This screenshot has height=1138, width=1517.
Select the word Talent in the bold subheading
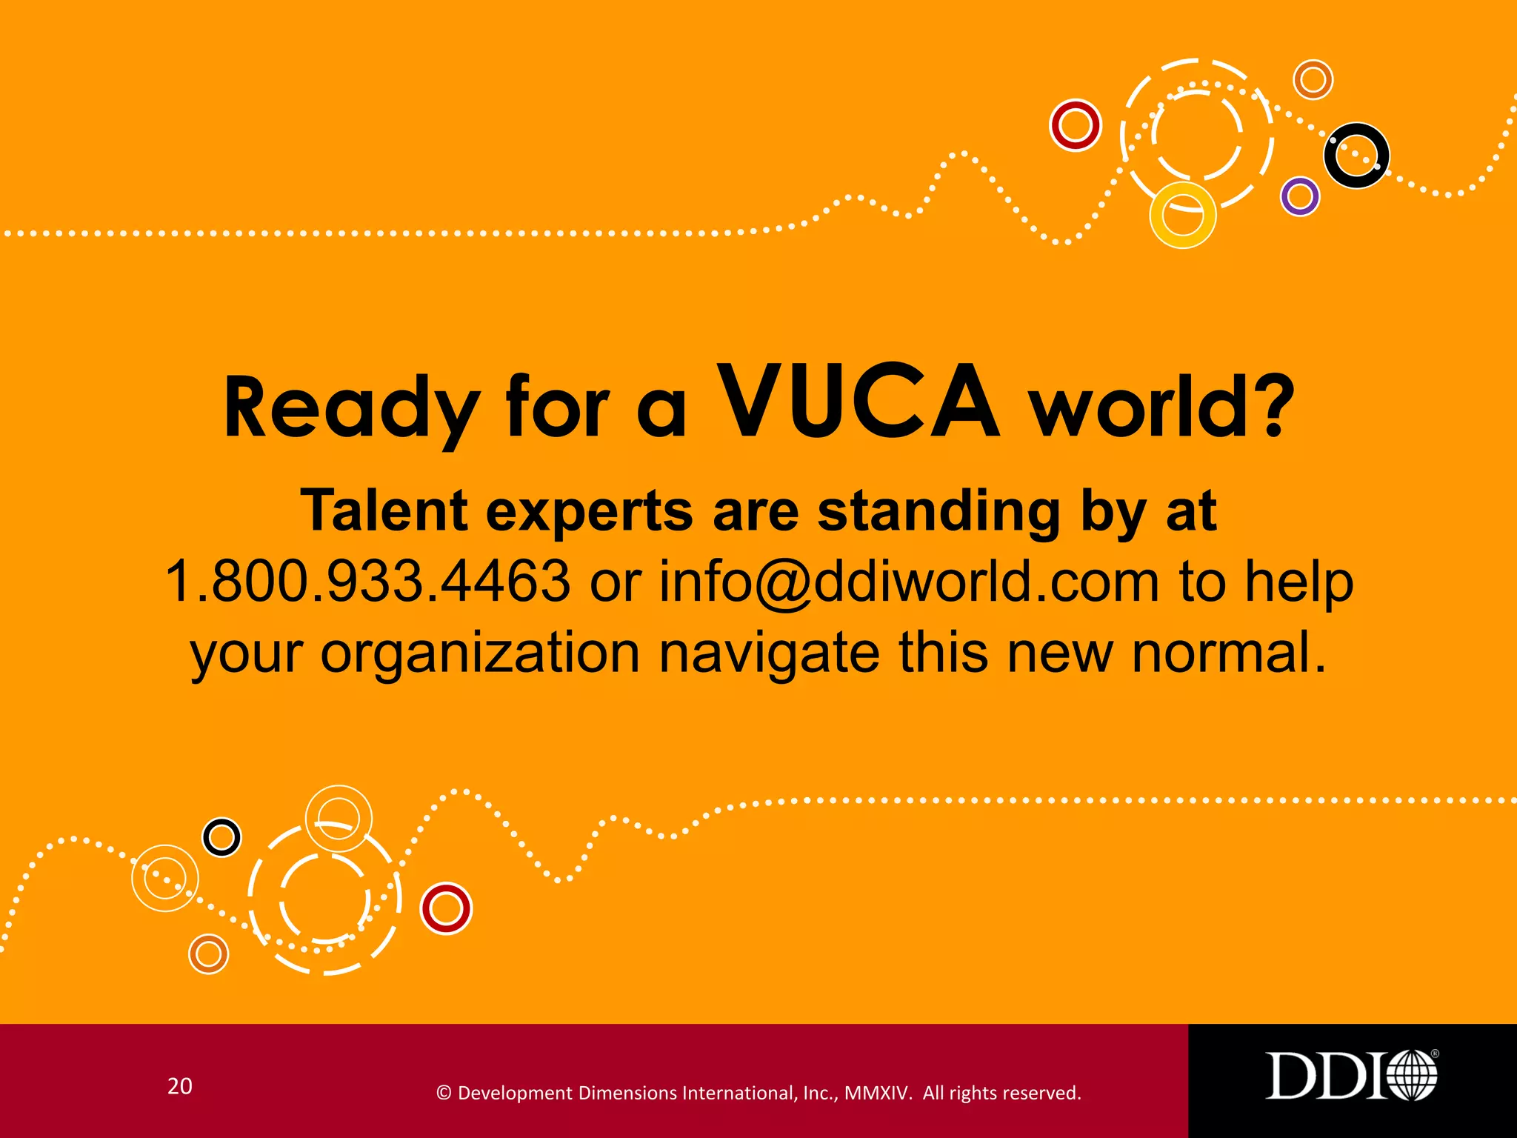click(384, 511)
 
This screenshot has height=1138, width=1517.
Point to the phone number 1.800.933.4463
click(367, 582)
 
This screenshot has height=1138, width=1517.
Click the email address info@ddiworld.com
click(909, 582)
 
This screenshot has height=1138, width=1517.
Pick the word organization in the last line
click(480, 653)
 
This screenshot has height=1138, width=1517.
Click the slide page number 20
click(180, 1086)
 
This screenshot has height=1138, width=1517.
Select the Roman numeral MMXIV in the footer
click(878, 1093)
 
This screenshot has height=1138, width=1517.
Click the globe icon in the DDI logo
click(1412, 1075)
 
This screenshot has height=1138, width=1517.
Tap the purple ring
click(1300, 196)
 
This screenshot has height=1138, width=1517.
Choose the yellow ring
click(1182, 215)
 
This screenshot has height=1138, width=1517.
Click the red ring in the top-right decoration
click(1076, 125)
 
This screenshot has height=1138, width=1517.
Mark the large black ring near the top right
click(1356, 155)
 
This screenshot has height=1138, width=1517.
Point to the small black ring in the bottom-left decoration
click(221, 837)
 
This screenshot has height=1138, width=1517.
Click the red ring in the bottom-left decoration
click(446, 908)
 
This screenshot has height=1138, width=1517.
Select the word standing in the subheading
click(939, 511)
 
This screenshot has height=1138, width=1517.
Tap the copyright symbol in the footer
click(444, 1093)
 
